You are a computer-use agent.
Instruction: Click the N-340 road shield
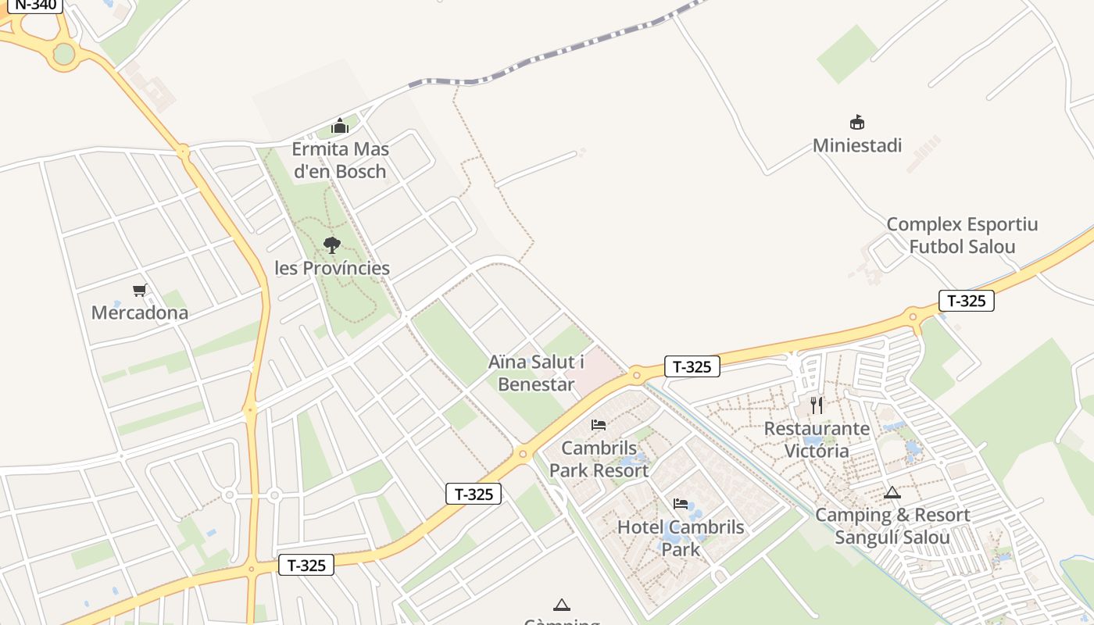pyautogui.click(x=36, y=5)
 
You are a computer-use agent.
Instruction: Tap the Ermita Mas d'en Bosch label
pyautogui.click(x=340, y=160)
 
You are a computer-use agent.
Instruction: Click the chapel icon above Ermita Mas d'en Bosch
pyautogui.click(x=340, y=126)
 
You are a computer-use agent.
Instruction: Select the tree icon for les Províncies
pyautogui.click(x=332, y=245)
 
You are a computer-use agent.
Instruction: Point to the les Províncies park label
pyautogui.click(x=332, y=268)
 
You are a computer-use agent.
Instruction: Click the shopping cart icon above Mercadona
pyautogui.click(x=140, y=291)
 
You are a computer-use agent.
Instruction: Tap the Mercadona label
pyautogui.click(x=140, y=313)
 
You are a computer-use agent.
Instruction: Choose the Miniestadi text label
pyautogui.click(x=857, y=145)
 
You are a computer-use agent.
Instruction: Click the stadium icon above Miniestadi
pyautogui.click(x=857, y=123)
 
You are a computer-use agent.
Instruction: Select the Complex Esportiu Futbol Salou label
pyautogui.click(x=962, y=236)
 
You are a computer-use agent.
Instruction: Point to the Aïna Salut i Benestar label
pyautogui.click(x=536, y=373)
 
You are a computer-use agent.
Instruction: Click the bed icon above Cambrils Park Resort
pyautogui.click(x=599, y=425)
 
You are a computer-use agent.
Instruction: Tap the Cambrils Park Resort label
pyautogui.click(x=599, y=459)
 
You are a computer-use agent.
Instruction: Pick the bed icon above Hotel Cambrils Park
pyautogui.click(x=681, y=504)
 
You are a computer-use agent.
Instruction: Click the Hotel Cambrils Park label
pyautogui.click(x=681, y=537)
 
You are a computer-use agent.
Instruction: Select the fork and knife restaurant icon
pyautogui.click(x=817, y=405)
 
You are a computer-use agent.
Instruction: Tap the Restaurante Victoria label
pyautogui.click(x=817, y=440)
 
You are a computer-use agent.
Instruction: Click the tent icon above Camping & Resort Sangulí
pyautogui.click(x=892, y=493)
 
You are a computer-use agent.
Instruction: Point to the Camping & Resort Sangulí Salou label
pyautogui.click(x=892, y=527)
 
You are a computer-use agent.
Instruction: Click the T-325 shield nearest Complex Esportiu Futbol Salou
pyautogui.click(x=966, y=301)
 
